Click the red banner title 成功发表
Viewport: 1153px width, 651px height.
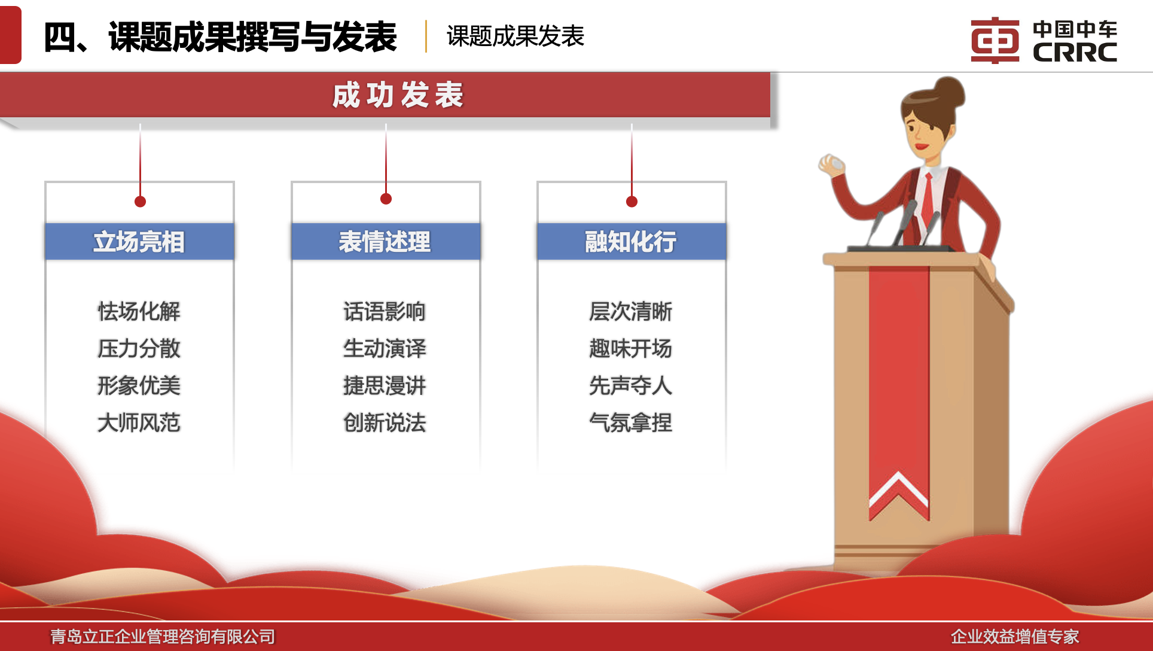click(x=398, y=95)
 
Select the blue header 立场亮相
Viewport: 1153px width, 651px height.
click(x=139, y=242)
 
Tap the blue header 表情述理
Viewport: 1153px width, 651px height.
click(x=386, y=242)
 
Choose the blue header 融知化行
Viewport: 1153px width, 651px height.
click(x=632, y=242)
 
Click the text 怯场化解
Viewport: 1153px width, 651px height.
click(x=139, y=311)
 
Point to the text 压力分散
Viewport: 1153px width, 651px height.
click(x=139, y=348)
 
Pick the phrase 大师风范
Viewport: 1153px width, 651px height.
click(x=139, y=422)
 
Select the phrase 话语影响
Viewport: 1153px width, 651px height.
click(x=385, y=311)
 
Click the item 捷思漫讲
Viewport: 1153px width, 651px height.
click(x=385, y=385)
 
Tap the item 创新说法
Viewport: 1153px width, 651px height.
click(x=385, y=422)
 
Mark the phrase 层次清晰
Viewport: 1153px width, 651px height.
click(x=630, y=311)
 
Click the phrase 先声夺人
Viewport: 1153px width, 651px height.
click(x=630, y=385)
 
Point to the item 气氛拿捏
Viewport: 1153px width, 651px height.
click(x=630, y=422)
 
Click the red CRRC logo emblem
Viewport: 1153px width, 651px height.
click(x=995, y=40)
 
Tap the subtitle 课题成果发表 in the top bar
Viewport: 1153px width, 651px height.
click(x=515, y=36)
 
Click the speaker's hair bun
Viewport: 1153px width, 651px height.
click(x=949, y=93)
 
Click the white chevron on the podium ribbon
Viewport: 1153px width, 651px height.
click(x=898, y=491)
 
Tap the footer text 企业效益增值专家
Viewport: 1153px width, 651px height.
click(x=1015, y=637)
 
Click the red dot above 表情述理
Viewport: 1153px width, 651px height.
click(x=386, y=199)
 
